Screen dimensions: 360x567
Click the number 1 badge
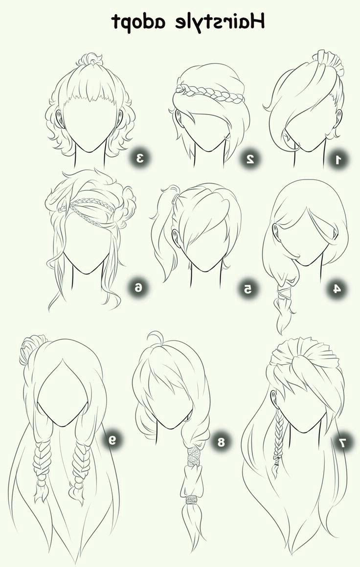click(338, 159)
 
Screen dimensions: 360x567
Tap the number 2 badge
click(250, 159)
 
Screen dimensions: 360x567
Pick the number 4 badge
click(337, 289)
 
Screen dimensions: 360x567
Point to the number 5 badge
click(248, 289)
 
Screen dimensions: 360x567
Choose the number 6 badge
click(138, 288)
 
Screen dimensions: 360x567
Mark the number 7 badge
click(344, 441)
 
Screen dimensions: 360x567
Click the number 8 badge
click(221, 442)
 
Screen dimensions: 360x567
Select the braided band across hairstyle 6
click(87, 206)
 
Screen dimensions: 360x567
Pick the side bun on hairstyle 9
click(31, 348)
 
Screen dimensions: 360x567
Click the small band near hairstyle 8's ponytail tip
click(190, 500)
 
